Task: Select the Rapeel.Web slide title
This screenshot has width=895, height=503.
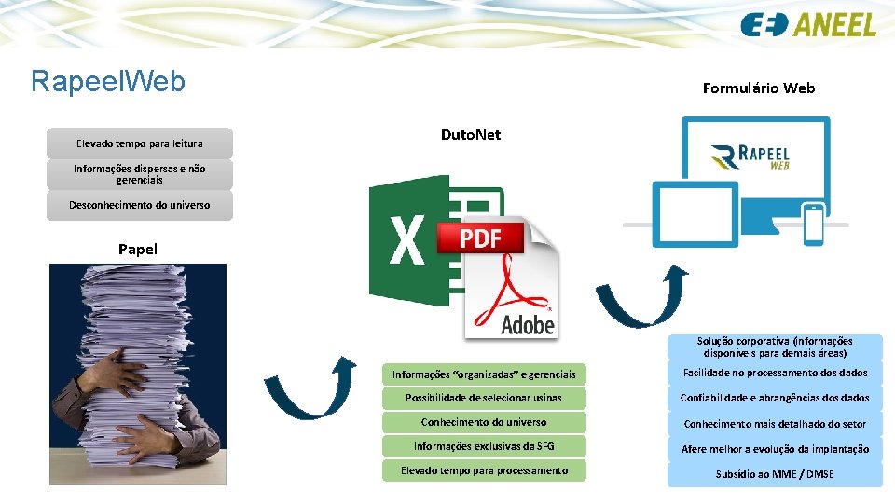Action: pos(108,81)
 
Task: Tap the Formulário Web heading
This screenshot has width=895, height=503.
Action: pos(758,88)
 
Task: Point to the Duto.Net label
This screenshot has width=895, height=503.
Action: pos(470,135)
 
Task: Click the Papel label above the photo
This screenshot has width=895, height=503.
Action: pos(138,249)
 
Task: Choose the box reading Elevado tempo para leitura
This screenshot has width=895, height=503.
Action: pos(140,143)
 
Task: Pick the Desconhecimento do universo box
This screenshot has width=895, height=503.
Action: pos(140,205)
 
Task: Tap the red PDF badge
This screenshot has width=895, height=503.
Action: pos(481,238)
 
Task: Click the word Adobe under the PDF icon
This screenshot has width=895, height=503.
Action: pos(528,324)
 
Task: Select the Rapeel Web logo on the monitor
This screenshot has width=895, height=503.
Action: pos(750,156)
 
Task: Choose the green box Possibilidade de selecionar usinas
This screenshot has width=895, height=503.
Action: pos(483,399)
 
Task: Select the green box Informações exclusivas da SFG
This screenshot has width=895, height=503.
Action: pos(483,446)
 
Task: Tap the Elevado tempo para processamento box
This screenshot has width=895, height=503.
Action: pos(483,471)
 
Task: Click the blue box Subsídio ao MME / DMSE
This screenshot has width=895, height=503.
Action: pos(775,474)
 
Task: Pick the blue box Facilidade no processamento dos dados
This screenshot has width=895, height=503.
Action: pos(775,373)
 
